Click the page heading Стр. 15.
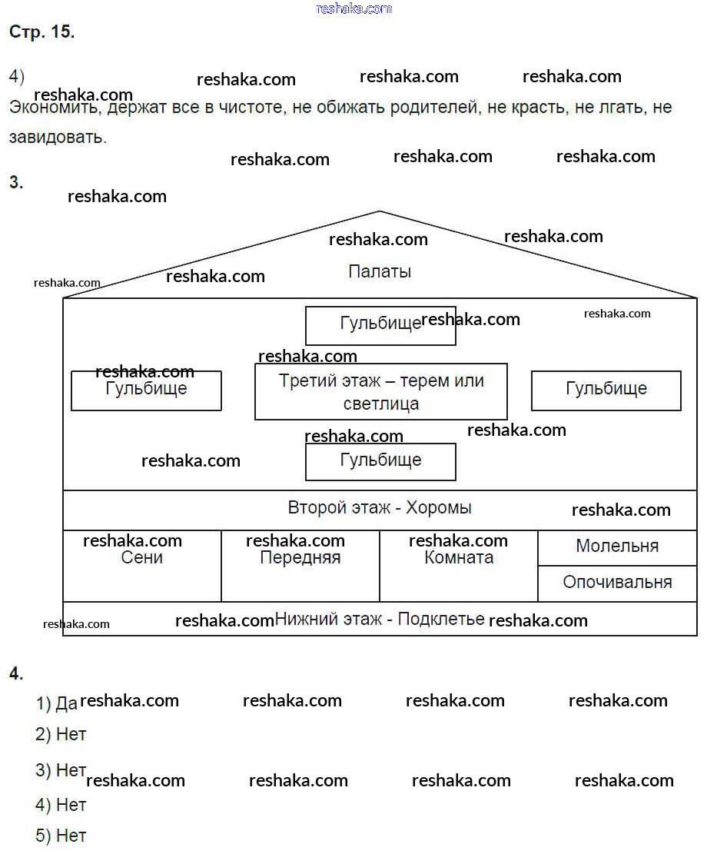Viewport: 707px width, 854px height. click(41, 32)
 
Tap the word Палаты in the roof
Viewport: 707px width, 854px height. click(380, 271)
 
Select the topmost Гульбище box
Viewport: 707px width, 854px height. click(380, 325)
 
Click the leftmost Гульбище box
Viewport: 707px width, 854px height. click(146, 390)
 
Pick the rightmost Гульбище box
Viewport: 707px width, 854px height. click(606, 390)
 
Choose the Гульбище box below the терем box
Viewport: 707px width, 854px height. click(380, 461)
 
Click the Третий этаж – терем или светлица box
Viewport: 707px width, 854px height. click(380, 391)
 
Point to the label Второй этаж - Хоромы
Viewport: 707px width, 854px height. click(380, 508)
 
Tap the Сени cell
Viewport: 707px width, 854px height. click(142, 565)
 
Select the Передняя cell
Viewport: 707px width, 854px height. click(300, 565)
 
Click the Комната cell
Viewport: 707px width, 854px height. click(459, 565)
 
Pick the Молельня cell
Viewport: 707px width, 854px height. click(617, 547)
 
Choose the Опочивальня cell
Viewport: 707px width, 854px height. click(617, 583)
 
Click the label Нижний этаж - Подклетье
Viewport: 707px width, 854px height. click(380, 619)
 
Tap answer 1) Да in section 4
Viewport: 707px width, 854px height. click(57, 703)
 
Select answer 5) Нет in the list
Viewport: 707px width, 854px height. click(61, 836)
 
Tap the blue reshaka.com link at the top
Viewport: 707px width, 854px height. click(353, 8)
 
